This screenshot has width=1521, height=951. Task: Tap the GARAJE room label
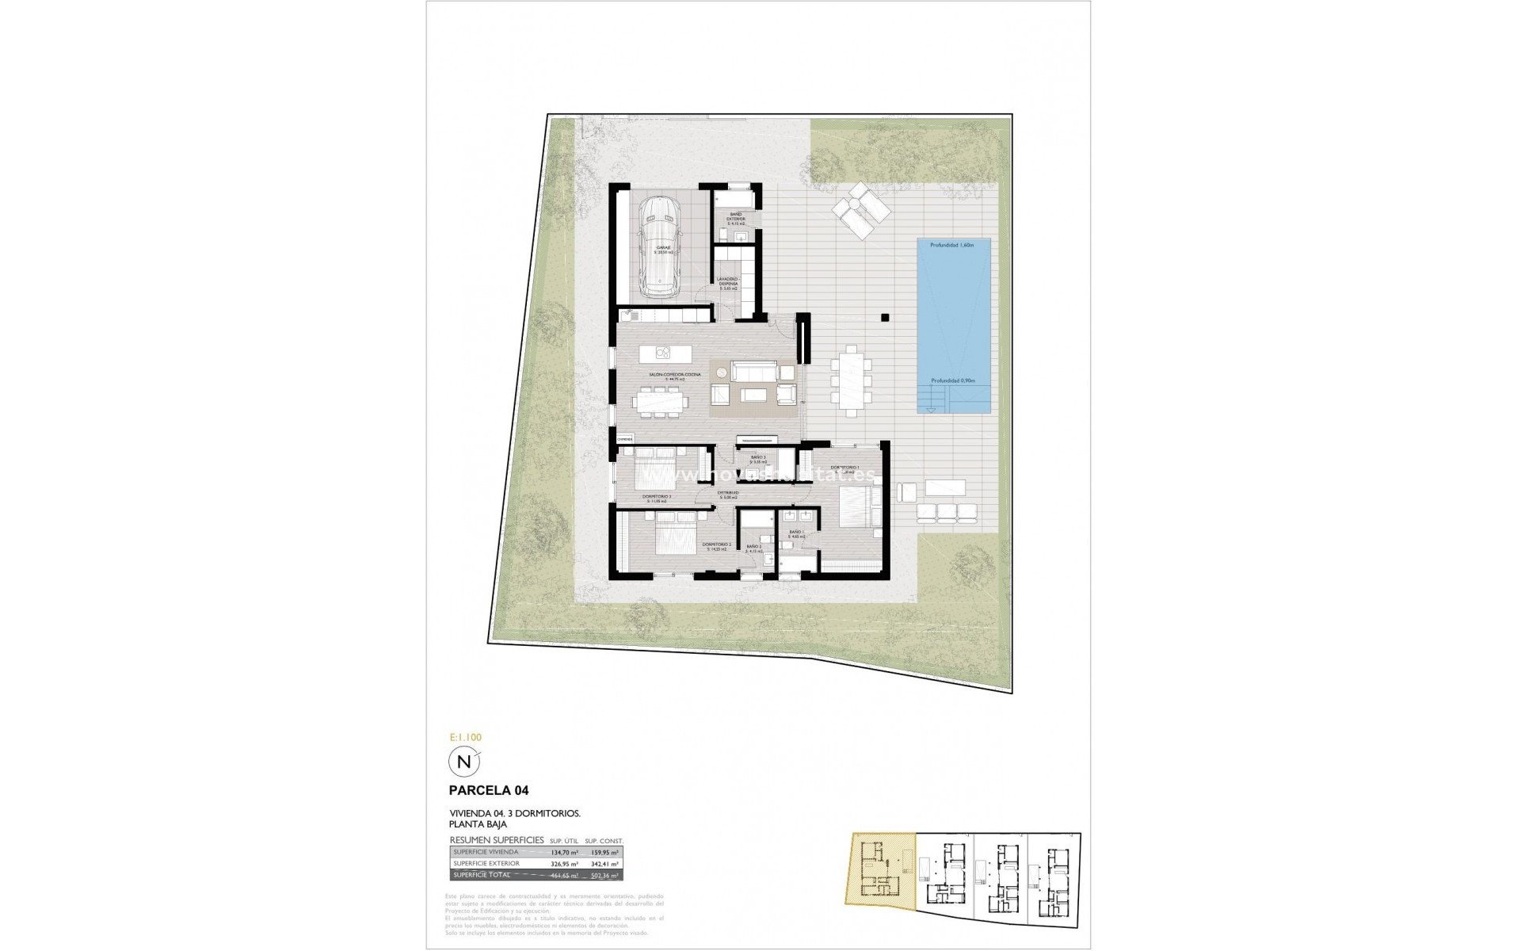click(x=663, y=249)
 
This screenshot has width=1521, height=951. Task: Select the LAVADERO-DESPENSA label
click(x=728, y=283)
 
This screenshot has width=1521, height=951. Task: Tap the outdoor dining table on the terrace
click(x=852, y=379)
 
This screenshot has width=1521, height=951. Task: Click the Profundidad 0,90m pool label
click(x=952, y=380)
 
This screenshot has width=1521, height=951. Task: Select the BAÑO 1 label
click(x=796, y=533)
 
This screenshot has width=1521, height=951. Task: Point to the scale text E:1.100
click(x=465, y=737)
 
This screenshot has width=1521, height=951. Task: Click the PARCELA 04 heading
click(x=489, y=790)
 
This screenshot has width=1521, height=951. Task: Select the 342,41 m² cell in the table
click(x=604, y=864)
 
